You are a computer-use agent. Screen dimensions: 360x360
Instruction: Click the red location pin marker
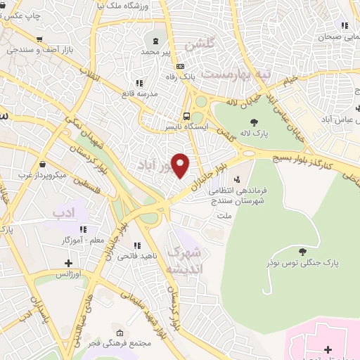coord(181,165)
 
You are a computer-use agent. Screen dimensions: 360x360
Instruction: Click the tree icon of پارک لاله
coord(254,122)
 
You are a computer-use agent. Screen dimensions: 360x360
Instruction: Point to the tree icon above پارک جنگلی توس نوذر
coord(302,252)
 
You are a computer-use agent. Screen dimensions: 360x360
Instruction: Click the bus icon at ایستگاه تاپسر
coord(186,116)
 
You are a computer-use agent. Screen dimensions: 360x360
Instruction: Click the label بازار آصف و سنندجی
coord(39,50)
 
